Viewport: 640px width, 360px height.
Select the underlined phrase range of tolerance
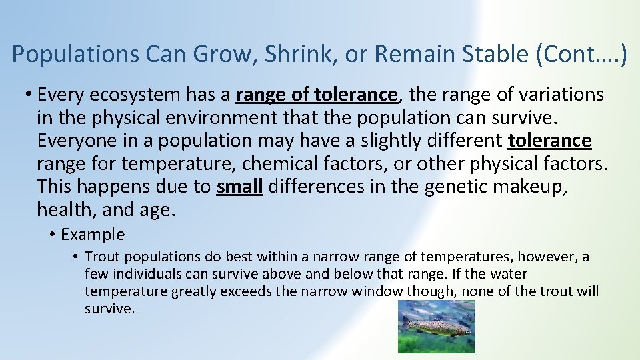click(x=317, y=95)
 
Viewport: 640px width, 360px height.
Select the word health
click(x=67, y=211)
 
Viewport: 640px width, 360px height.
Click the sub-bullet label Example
click(x=93, y=235)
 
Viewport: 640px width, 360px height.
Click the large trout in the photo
click(x=437, y=327)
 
